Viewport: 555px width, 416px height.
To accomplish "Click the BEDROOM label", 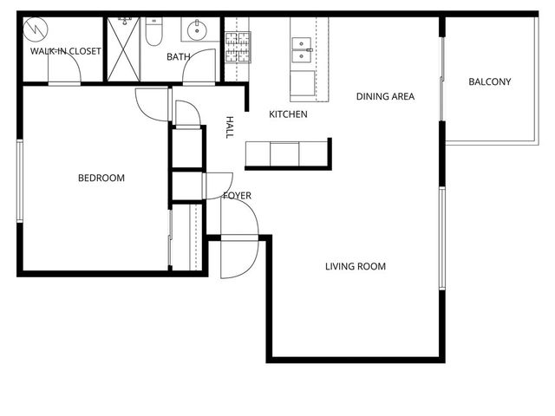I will coord(101,179).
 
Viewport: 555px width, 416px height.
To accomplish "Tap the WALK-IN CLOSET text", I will coord(66,51).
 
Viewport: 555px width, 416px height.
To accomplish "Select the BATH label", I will coord(179,57).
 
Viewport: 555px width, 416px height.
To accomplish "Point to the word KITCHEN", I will coord(288,114).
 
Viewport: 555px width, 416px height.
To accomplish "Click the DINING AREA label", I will coord(385,96).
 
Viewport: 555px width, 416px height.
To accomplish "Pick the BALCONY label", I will coord(489,82).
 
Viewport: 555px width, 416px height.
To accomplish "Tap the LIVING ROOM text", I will coord(356,266).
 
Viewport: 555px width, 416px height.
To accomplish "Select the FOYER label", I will coord(237,196).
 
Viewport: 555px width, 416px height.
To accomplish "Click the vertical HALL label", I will coord(230,127).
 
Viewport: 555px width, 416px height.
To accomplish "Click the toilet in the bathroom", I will coord(153,33).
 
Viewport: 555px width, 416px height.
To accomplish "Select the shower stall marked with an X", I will coord(123,50).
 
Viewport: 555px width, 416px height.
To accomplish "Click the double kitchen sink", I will coord(303,49).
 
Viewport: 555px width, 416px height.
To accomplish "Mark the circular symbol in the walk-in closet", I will coord(36,30).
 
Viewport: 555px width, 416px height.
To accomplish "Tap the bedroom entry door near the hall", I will coord(151,105).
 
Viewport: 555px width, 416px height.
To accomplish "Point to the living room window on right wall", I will coord(441,237).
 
